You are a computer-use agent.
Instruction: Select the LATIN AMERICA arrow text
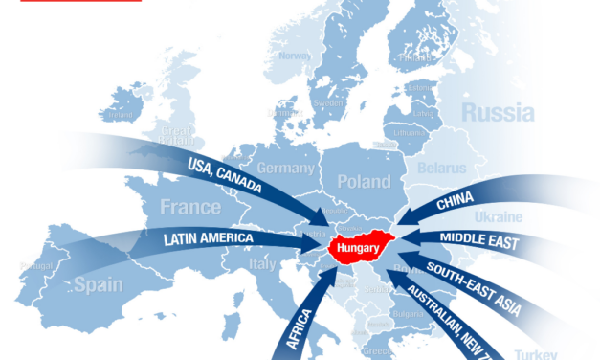[208, 237]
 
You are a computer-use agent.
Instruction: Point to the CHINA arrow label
[455, 202]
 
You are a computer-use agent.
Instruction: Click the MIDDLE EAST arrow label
[478, 240]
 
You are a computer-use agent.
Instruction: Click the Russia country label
[498, 112]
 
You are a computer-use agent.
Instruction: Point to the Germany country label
[285, 169]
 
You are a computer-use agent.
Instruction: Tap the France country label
[189, 207]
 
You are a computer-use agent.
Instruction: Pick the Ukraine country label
[498, 217]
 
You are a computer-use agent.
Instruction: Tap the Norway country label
[294, 56]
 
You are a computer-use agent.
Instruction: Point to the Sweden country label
[328, 101]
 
